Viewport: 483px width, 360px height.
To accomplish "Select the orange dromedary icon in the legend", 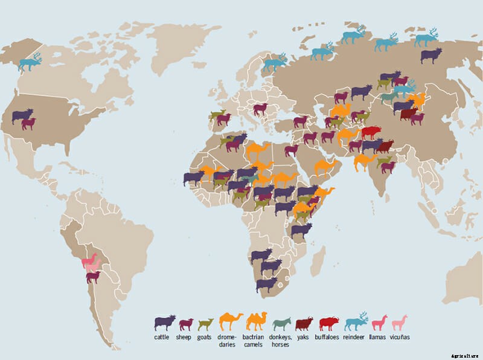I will pos(231,321).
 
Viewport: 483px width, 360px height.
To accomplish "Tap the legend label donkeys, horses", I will pos(281,340).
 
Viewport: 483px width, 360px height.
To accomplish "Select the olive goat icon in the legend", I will pos(206,324).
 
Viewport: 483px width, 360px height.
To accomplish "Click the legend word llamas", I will pos(378,336).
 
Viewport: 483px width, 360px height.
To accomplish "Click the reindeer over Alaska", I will pos(30,62).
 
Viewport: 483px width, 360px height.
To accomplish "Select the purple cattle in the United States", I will pos(22,115).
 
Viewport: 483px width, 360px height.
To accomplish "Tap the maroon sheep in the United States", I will pos(28,123).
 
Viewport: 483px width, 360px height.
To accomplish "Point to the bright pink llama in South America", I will pos(89,261).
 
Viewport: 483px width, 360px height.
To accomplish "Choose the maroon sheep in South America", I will pos(93,277).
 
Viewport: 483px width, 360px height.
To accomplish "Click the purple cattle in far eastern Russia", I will pos(430,56).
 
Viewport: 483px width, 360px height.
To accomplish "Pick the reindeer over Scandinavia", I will pos(275,61).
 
